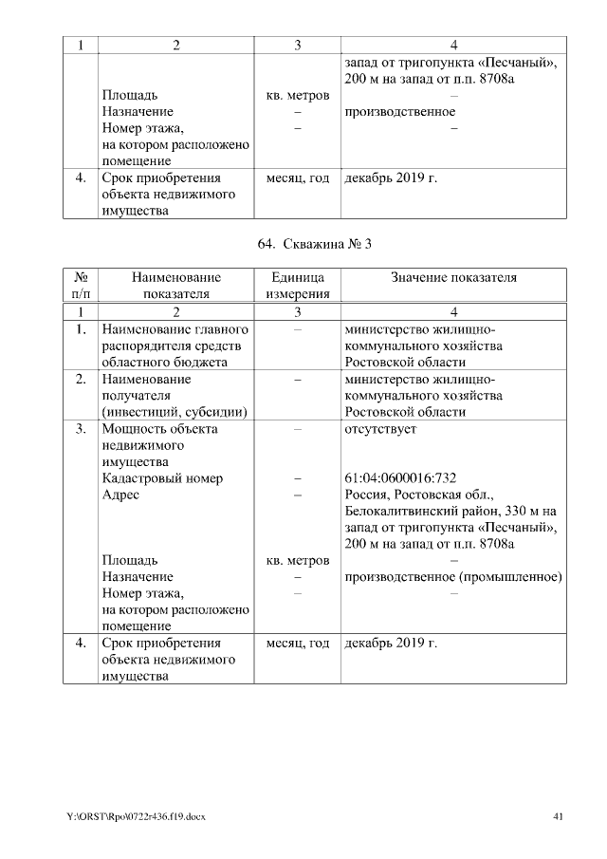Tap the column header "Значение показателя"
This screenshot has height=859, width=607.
(454, 277)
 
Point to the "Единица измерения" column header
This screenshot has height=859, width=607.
(297, 286)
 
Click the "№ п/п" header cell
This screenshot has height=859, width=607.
(81, 286)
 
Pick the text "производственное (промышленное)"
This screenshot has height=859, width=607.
(454, 577)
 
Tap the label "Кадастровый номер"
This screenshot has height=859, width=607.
(162, 478)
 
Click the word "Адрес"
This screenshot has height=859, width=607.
(120, 495)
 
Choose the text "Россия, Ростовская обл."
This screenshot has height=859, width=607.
(414, 495)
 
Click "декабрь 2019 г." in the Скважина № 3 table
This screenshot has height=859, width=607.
(391, 644)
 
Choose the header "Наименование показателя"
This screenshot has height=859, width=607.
(175, 286)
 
